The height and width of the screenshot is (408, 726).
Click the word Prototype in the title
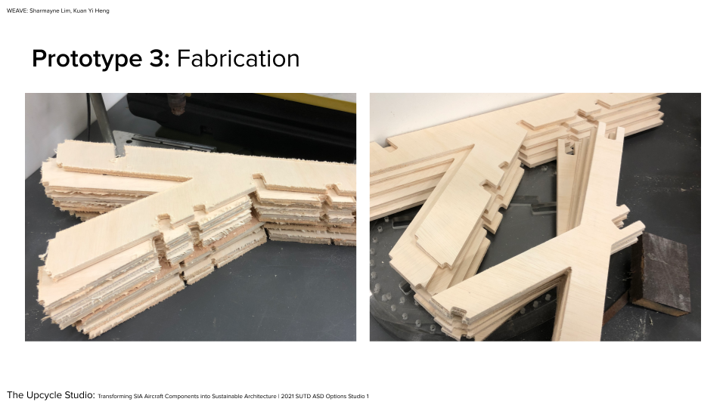coord(88,60)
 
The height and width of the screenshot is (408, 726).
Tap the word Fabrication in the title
coord(238,59)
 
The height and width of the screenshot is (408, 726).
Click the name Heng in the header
coord(102,11)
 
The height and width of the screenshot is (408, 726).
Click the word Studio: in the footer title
coord(79,395)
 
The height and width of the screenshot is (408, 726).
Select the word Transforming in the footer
coord(115,397)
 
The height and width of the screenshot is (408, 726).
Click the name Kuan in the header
coord(79,11)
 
